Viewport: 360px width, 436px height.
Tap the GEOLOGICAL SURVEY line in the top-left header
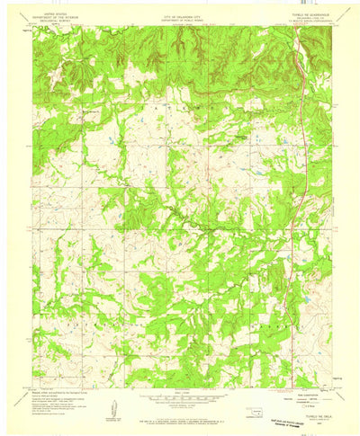coord(49,21)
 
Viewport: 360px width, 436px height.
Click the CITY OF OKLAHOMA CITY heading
coord(180,13)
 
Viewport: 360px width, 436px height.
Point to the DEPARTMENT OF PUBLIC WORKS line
coord(180,17)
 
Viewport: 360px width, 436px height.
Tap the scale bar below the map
coord(180,396)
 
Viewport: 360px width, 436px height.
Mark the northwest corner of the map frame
coord(33,26)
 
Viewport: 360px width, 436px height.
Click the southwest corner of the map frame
coord(33,387)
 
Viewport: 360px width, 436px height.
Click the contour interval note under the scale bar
coord(180,404)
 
